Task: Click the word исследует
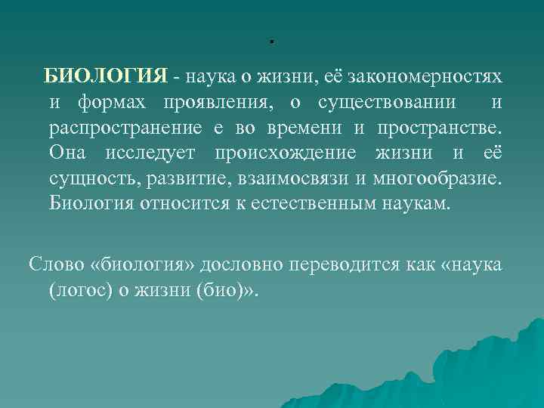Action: click(x=148, y=154)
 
